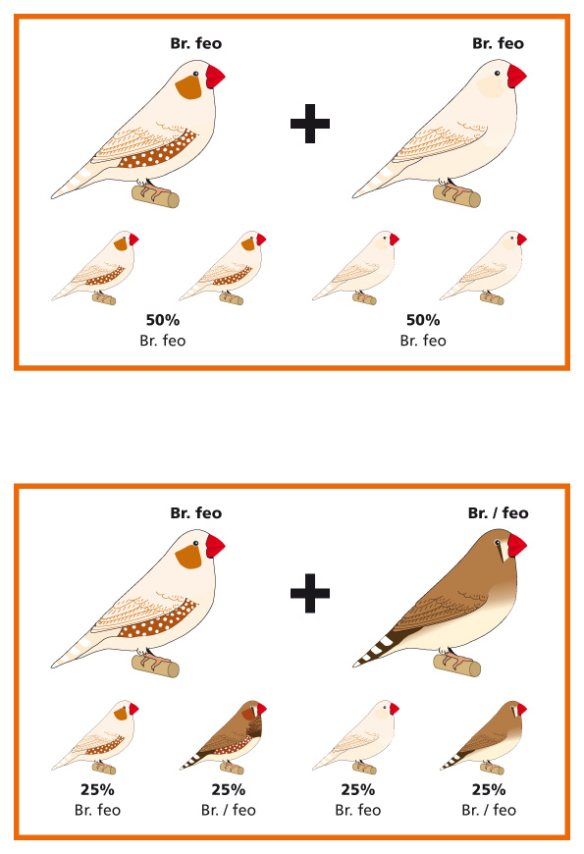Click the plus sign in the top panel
(x=310, y=123)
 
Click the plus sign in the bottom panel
(x=310, y=593)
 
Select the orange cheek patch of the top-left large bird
(x=188, y=87)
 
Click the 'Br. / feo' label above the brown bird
(x=498, y=513)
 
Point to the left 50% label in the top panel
(x=162, y=320)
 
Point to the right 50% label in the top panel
(x=423, y=320)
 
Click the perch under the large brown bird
(x=457, y=665)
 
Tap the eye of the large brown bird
(x=497, y=543)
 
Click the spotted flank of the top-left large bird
(x=159, y=150)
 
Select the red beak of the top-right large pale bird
(x=516, y=76)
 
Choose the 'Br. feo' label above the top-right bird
(x=498, y=43)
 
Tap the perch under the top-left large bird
(x=155, y=196)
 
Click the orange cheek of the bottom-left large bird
(x=188, y=556)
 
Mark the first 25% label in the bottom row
(x=97, y=789)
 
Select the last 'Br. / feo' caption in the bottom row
(x=489, y=811)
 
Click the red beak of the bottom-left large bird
(x=215, y=547)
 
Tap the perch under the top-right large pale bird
(x=457, y=195)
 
